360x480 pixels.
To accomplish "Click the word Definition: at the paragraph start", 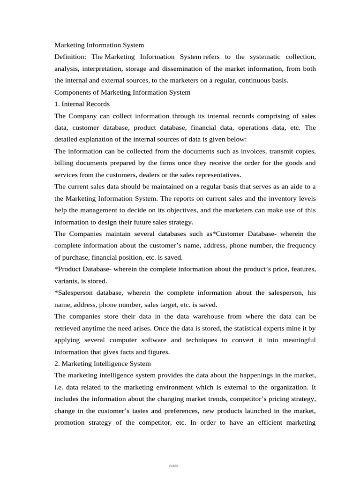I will pyautogui.click(x=71, y=57).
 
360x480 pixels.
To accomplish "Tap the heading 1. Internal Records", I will pyautogui.click(x=82, y=104).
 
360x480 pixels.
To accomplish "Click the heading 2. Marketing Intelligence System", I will pyautogui.click(x=103, y=363).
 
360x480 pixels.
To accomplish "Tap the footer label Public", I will pyautogui.click(x=174, y=465).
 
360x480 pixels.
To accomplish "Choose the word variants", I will pyautogui.click(x=68, y=281).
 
